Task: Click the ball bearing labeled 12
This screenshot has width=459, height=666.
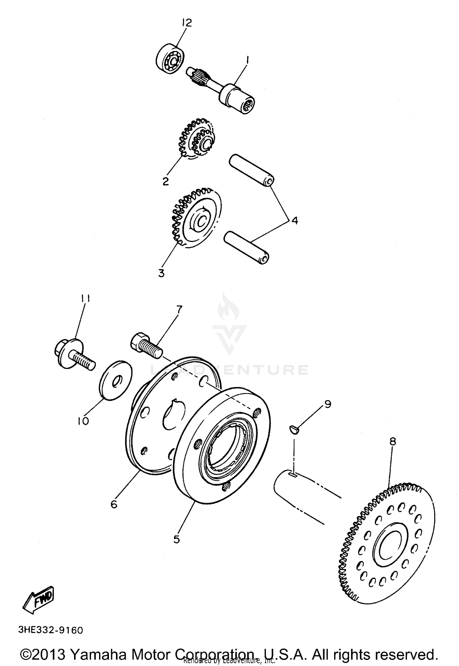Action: point(169,60)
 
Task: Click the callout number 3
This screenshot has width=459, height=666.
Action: point(161,273)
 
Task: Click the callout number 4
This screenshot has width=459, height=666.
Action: point(294,220)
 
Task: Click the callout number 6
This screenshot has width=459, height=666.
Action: point(114,504)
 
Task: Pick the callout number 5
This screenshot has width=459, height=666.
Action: point(177,539)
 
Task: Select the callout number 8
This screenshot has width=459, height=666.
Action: point(393,441)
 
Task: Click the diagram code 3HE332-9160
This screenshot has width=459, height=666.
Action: point(51,630)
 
